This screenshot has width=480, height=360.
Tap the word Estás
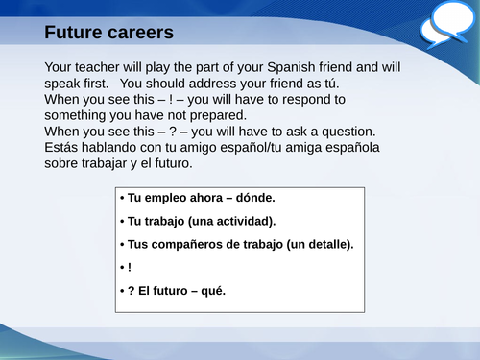point(64,147)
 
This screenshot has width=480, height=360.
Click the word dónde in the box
point(254,198)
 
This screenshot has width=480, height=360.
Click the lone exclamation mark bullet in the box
point(129,267)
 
